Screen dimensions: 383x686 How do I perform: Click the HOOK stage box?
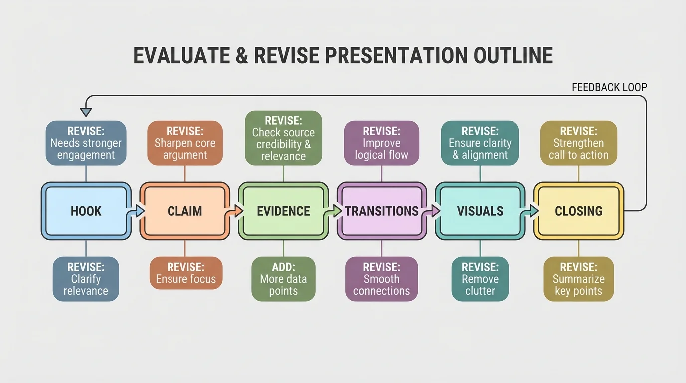pyautogui.click(x=86, y=211)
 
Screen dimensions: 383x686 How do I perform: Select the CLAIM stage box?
pyautogui.click(x=184, y=211)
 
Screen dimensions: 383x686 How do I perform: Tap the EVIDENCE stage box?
pyautogui.click(x=283, y=211)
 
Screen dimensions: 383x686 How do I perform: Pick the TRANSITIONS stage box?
pyautogui.click(x=382, y=211)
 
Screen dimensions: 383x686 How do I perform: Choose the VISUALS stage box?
pyautogui.click(x=480, y=211)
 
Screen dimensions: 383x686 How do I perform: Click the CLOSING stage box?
pyautogui.click(x=578, y=211)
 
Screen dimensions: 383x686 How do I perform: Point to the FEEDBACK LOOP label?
pyautogui.click(x=609, y=88)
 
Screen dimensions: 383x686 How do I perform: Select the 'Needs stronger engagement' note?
pyautogui.click(x=86, y=143)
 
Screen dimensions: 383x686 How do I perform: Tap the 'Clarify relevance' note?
pyautogui.click(x=86, y=279)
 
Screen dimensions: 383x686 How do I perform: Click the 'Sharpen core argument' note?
pyautogui.click(x=184, y=143)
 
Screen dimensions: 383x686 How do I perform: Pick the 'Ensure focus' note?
pyautogui.click(x=185, y=273)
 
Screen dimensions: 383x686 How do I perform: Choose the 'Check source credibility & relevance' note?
pyautogui.click(x=283, y=138)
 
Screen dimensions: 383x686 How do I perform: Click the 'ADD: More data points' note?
pyautogui.click(x=283, y=279)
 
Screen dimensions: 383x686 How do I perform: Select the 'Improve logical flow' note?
pyautogui.click(x=381, y=143)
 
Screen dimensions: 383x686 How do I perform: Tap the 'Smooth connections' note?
pyautogui.click(x=381, y=279)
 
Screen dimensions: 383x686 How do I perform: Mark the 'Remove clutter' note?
pyautogui.click(x=480, y=279)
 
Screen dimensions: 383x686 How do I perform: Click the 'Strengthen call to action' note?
pyautogui.click(x=578, y=143)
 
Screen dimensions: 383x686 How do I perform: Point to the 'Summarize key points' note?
pyautogui.click(x=578, y=279)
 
